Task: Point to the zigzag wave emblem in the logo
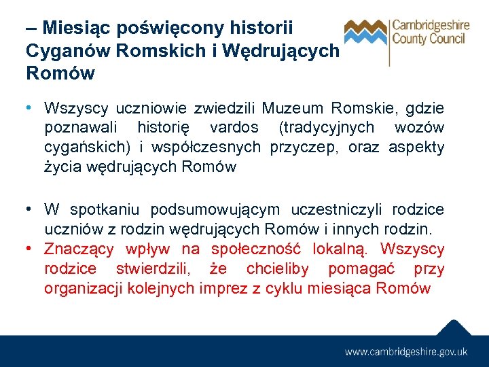365,31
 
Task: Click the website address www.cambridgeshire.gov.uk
406,351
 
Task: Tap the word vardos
234,127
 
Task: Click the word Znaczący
79,249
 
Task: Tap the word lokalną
343,249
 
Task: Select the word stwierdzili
153,269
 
